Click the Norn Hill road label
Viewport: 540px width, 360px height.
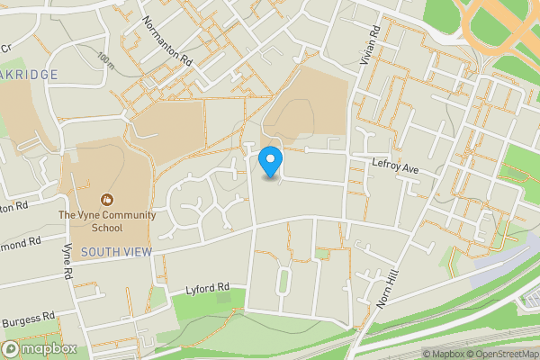tap(388, 290)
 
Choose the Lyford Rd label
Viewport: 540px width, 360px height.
tap(208, 289)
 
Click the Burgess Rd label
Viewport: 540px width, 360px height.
tap(28, 320)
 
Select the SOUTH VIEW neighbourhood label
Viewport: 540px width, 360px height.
tap(116, 252)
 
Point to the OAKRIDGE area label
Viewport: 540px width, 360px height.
tap(29, 75)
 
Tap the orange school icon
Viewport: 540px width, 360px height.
tap(107, 199)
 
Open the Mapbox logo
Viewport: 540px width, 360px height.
tap(40, 348)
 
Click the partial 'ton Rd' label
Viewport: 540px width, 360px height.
tap(13, 207)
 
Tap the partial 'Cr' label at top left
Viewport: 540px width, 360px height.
tap(5, 48)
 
